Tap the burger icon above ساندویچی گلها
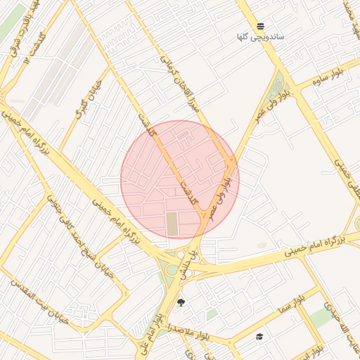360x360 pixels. click(x=261, y=26)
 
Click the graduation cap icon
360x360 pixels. click(x=259, y=336)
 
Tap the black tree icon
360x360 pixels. click(x=181, y=303)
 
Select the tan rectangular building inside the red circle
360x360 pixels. click(x=173, y=224)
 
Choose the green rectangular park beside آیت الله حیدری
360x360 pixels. click(x=323, y=318)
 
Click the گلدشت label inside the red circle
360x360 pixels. click(x=188, y=190)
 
